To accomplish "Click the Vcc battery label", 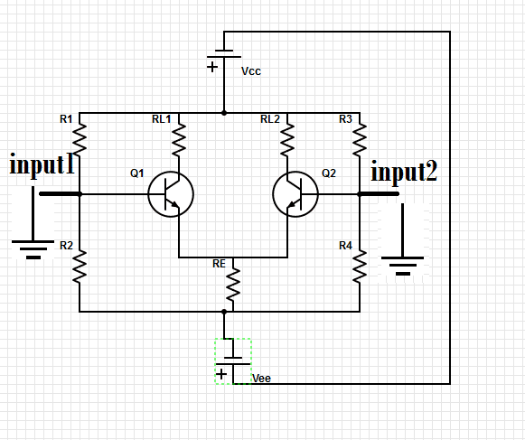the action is (x=251, y=71).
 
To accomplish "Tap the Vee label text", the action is (x=261, y=379).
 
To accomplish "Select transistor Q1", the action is (x=171, y=194).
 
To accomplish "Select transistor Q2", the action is (x=295, y=194).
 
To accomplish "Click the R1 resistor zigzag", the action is (x=80, y=139).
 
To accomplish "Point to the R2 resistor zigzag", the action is (x=80, y=267).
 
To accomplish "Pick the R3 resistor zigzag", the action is (x=360, y=139).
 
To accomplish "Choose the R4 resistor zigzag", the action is (x=360, y=267).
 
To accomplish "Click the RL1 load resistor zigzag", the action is (x=179, y=139).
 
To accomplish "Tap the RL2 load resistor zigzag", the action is (x=287, y=139).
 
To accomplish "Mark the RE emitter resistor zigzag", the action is (x=233, y=284).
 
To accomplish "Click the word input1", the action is (x=42, y=164).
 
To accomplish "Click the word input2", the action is (x=404, y=171).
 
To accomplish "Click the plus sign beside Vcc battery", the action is (x=212, y=67).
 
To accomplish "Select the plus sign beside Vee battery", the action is (x=221, y=374).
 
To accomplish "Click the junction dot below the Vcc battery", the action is (x=224, y=113).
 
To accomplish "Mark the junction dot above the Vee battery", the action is (x=224, y=312).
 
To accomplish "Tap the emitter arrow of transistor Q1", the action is (x=174, y=204).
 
